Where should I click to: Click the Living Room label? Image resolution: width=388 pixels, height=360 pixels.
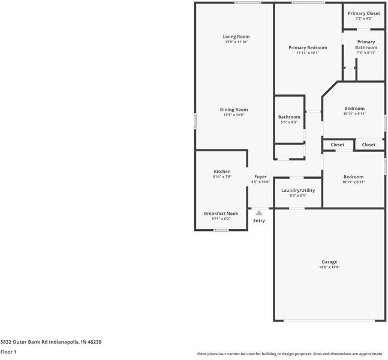236,37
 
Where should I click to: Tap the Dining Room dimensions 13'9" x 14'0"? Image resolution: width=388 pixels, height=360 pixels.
233,115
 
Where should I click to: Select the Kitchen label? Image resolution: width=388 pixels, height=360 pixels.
222,172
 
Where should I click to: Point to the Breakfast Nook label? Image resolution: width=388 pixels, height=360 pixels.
221,213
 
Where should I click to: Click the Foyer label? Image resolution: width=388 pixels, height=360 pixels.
260,176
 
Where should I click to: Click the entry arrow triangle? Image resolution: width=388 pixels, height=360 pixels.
259,212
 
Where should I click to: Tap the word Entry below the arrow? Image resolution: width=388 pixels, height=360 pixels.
259,221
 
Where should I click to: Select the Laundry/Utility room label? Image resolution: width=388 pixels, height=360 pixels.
298,190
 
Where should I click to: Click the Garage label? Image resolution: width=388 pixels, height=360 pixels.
329,262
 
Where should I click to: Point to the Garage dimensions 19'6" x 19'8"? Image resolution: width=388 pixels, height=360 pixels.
329,267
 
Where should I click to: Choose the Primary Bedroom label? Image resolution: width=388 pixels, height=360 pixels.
308,47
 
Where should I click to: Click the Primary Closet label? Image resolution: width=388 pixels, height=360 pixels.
364,13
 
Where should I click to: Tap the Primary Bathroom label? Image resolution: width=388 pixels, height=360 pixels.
366,44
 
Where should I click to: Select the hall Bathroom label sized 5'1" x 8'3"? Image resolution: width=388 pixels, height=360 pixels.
289,117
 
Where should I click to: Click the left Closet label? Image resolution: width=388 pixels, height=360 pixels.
338,145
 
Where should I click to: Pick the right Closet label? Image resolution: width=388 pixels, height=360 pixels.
369,145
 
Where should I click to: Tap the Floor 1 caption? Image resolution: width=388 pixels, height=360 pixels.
8,352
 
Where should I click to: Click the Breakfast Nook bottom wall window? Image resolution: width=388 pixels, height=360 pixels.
221,230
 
